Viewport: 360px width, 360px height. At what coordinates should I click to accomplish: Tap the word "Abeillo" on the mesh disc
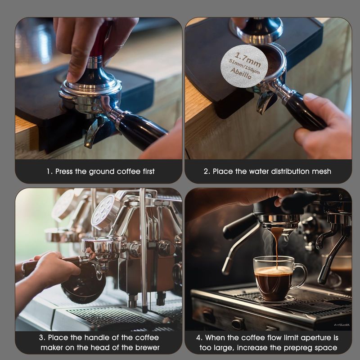click(x=241, y=73)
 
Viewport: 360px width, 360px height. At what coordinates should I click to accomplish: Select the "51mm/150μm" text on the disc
click(x=245, y=66)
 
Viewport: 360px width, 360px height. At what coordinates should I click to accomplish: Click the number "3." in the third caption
click(x=42, y=338)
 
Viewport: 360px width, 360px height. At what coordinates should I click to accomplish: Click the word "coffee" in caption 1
click(x=128, y=171)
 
